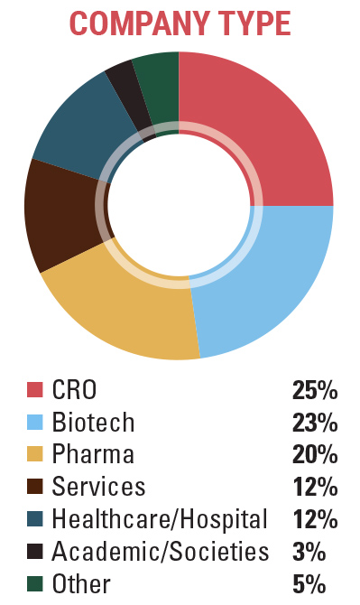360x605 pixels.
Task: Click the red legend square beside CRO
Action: [34, 390]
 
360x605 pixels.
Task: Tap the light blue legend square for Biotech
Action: [34, 423]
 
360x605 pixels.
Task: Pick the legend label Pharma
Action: [93, 455]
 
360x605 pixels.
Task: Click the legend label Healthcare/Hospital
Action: [160, 520]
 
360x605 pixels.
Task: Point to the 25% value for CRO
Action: [314, 390]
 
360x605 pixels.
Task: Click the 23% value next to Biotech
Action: [314, 423]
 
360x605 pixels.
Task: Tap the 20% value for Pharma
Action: [314, 455]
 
